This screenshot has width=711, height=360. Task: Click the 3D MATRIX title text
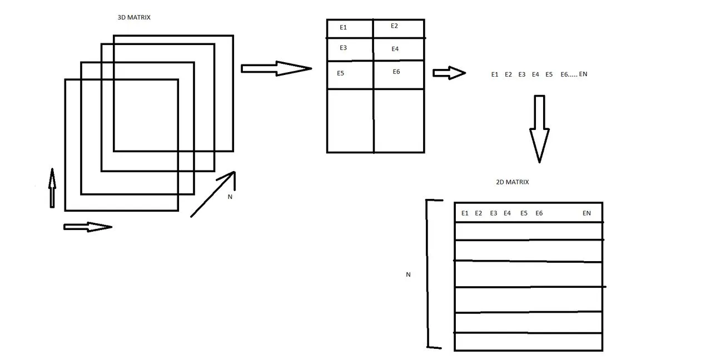(134, 18)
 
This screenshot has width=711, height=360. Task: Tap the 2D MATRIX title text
(513, 182)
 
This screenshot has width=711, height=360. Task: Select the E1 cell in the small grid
(350, 28)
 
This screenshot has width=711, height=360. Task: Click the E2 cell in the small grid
(398, 28)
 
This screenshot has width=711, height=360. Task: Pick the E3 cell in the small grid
(350, 49)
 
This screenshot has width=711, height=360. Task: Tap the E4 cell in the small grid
(398, 50)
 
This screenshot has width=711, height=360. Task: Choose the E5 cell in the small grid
(350, 74)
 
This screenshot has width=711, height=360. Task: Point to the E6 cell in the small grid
(398, 74)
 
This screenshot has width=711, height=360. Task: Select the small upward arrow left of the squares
(52, 188)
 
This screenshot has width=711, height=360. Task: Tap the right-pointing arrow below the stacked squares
(88, 227)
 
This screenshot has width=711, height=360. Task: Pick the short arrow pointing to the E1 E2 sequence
(449, 73)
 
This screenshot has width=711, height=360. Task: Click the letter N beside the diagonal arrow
(230, 197)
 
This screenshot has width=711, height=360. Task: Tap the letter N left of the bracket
(409, 274)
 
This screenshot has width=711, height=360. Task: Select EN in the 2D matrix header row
(586, 213)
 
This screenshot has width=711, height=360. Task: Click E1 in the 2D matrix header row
(465, 213)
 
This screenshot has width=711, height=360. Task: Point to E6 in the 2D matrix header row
(539, 213)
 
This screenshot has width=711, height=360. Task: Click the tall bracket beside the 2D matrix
(429, 274)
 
